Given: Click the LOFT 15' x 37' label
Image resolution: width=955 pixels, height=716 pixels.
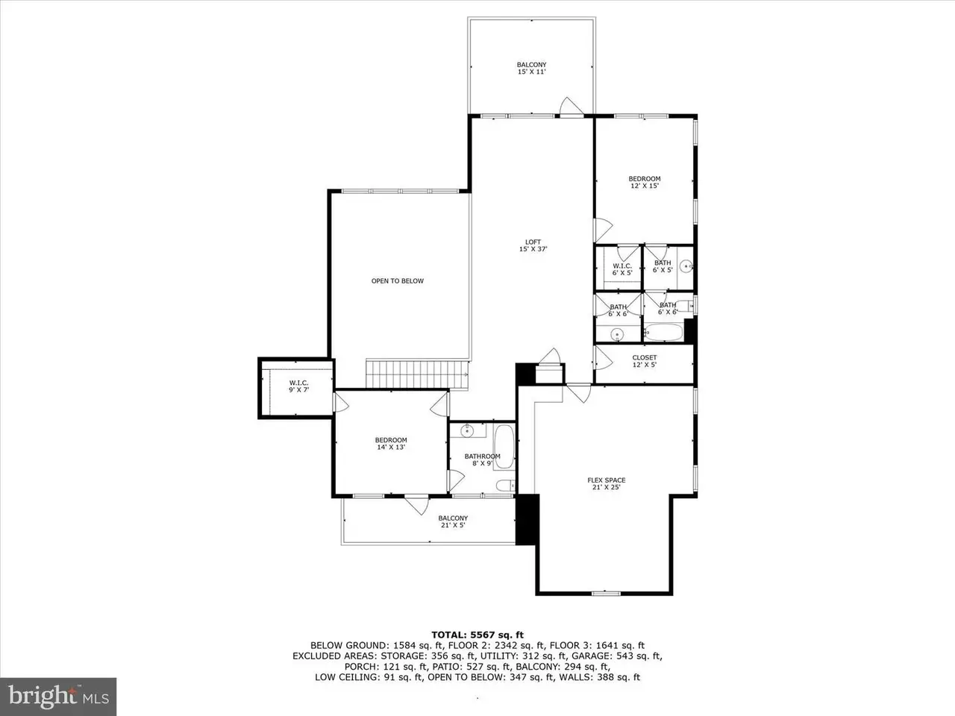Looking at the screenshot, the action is pyautogui.click(x=533, y=245).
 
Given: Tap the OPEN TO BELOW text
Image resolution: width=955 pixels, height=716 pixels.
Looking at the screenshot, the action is pyautogui.click(x=397, y=281).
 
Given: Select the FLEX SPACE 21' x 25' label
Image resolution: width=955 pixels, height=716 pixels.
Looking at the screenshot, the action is pyautogui.click(x=607, y=483).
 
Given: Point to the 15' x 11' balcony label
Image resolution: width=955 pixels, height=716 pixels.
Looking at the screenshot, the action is pyautogui.click(x=532, y=69).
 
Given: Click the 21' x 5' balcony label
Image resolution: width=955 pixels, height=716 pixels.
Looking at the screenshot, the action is pyautogui.click(x=453, y=521).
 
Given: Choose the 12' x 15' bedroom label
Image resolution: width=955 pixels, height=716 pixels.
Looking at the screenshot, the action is pyautogui.click(x=645, y=182).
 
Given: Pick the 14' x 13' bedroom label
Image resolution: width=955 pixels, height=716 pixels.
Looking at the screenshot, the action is pyautogui.click(x=391, y=444).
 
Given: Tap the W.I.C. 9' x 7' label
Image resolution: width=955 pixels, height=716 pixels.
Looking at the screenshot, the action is pyautogui.click(x=299, y=386).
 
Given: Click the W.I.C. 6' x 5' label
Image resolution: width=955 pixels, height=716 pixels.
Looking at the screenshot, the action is pyautogui.click(x=622, y=269).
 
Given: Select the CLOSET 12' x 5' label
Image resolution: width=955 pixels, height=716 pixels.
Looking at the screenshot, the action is pyautogui.click(x=645, y=361).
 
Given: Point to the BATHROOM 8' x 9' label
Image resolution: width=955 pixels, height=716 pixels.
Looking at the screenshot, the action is pyautogui.click(x=483, y=459).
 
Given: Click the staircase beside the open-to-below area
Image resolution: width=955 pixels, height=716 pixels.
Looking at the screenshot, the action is pyautogui.click(x=416, y=374).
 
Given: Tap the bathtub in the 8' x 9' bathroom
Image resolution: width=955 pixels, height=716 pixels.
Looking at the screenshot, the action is pyautogui.click(x=504, y=447).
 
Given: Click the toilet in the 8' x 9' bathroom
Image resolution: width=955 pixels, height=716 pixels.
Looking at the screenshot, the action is pyautogui.click(x=506, y=485).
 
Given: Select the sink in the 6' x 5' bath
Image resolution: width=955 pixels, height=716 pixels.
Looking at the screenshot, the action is pyautogui.click(x=686, y=266).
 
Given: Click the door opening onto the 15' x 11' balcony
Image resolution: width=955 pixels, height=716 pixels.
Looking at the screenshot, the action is pyautogui.click(x=571, y=107).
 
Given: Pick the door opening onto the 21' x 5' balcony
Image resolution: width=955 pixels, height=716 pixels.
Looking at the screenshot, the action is pyautogui.click(x=417, y=505).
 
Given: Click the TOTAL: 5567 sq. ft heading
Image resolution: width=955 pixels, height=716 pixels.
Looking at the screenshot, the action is pyautogui.click(x=477, y=635).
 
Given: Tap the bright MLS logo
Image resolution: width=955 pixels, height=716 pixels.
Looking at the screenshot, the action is pyautogui.click(x=58, y=696).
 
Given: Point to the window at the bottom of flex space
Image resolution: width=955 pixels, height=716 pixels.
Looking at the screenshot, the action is pyautogui.click(x=606, y=593).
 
